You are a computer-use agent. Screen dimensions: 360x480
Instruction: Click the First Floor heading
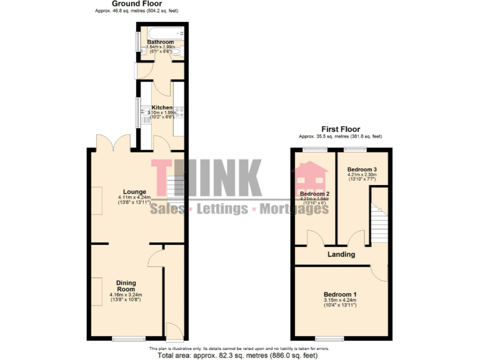[x=341, y=129]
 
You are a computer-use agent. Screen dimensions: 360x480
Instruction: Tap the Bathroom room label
[x=160, y=42]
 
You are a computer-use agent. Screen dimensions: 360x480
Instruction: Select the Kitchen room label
[x=162, y=107]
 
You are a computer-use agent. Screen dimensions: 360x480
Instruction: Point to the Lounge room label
[x=134, y=192]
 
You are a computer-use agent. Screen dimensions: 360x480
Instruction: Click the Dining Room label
[x=126, y=286]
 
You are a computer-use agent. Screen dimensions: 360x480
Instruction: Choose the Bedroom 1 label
[x=340, y=294]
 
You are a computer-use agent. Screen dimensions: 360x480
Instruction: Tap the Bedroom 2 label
[x=314, y=194]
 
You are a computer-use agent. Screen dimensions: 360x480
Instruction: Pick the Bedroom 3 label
[x=362, y=169]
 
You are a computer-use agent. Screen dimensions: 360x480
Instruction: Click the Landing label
[x=341, y=254]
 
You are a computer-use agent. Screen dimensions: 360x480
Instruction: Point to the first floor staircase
[x=378, y=216]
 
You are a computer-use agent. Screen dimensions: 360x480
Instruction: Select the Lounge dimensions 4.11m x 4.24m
[x=134, y=199]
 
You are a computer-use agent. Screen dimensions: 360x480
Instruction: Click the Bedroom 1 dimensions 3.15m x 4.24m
[x=340, y=301]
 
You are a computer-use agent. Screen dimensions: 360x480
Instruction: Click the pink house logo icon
[x=310, y=179]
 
